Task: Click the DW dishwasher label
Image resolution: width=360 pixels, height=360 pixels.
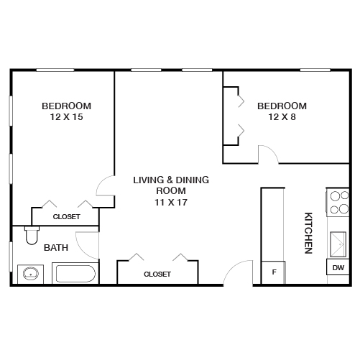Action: point(338,268)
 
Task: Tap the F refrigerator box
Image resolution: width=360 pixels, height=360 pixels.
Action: point(273,272)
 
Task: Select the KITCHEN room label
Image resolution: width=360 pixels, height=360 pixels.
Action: point(308,232)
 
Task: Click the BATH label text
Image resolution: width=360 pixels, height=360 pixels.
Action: point(56,248)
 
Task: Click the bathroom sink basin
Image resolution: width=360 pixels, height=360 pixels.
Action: point(30,273)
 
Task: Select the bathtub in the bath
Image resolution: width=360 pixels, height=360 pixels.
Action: point(75,274)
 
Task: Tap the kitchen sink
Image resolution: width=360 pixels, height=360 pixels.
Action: point(338,244)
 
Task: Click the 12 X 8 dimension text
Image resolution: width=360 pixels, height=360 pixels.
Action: point(282,117)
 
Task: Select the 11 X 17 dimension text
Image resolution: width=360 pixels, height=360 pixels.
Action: point(171,202)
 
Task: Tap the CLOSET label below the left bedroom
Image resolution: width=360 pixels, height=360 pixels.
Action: point(66,216)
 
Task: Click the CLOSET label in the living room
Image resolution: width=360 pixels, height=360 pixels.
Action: point(157,274)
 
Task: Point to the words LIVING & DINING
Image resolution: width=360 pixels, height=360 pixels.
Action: point(171,180)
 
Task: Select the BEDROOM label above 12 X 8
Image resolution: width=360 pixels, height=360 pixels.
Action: point(282,106)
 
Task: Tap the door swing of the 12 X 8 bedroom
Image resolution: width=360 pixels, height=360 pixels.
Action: point(267,153)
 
